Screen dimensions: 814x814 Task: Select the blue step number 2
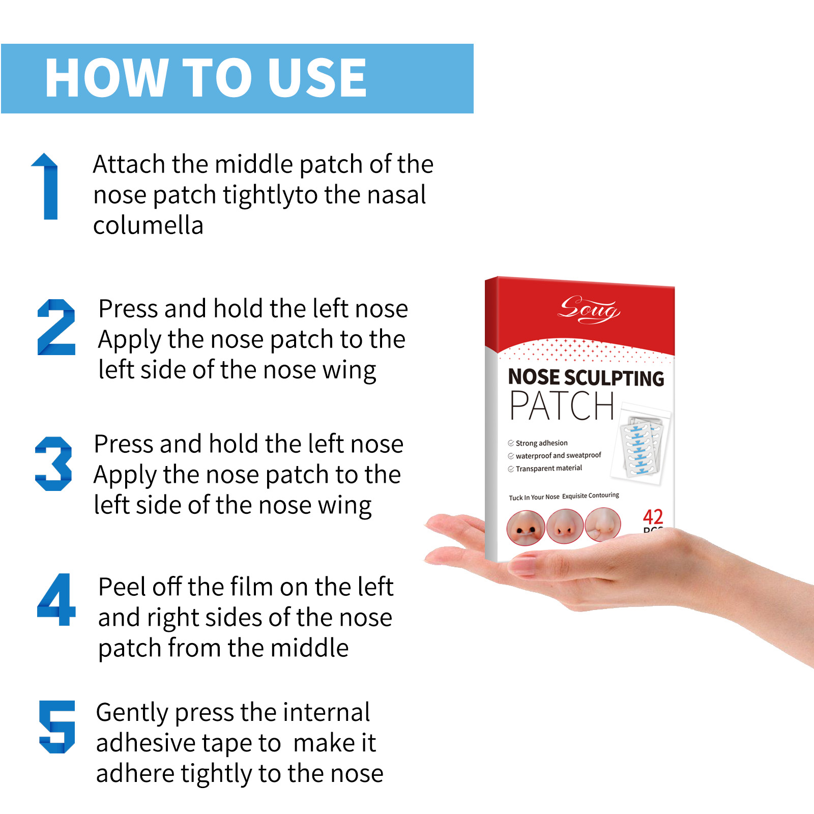[56, 327]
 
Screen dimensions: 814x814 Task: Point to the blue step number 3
[53, 463]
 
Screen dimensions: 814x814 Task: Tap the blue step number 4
[56, 599]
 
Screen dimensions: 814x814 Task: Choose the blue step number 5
[57, 726]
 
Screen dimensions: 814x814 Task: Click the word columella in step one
[148, 225]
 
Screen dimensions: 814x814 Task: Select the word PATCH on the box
[562, 406]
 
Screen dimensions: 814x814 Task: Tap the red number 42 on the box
[653, 517]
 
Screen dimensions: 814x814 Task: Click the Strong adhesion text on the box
[541, 443]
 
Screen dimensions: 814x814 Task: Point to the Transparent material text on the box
[548, 469]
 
